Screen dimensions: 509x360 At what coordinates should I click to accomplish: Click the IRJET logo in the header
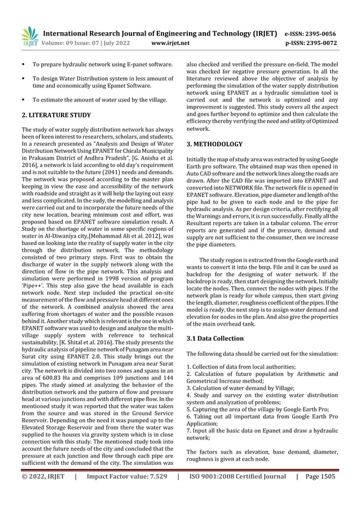[29, 35]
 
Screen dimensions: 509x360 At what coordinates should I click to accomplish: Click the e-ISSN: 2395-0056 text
[310, 33]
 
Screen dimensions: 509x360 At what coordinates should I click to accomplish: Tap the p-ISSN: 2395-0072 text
[310, 42]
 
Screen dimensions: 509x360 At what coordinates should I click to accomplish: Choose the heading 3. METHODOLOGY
[214, 144]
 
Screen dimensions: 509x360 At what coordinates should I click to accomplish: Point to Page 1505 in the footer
[319, 493]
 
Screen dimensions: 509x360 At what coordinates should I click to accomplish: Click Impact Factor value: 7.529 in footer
[126, 493]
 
